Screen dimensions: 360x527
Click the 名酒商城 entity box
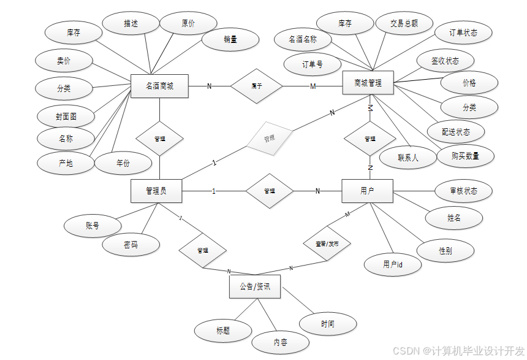point(159,86)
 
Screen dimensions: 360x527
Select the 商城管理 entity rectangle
point(368,83)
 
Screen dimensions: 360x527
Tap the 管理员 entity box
point(156,191)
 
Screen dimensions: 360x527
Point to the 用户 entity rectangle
point(367,191)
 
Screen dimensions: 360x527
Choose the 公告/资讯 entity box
point(255,286)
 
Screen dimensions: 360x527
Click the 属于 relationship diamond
point(257,86)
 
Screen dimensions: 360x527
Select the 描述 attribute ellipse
point(131,23)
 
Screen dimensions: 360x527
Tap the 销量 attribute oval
point(230,39)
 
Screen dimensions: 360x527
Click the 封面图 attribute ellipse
point(66,116)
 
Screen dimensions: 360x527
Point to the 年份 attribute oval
point(123,163)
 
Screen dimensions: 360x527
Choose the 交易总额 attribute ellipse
point(404,23)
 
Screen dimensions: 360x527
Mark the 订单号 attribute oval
point(313,64)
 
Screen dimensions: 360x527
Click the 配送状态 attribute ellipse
point(456,132)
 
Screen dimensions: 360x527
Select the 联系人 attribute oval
point(408,158)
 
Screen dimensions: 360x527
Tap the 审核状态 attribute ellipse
point(463,191)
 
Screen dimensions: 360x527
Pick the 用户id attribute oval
point(393,264)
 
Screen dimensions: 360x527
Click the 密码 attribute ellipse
point(131,245)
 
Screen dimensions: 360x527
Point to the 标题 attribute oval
point(223,331)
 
